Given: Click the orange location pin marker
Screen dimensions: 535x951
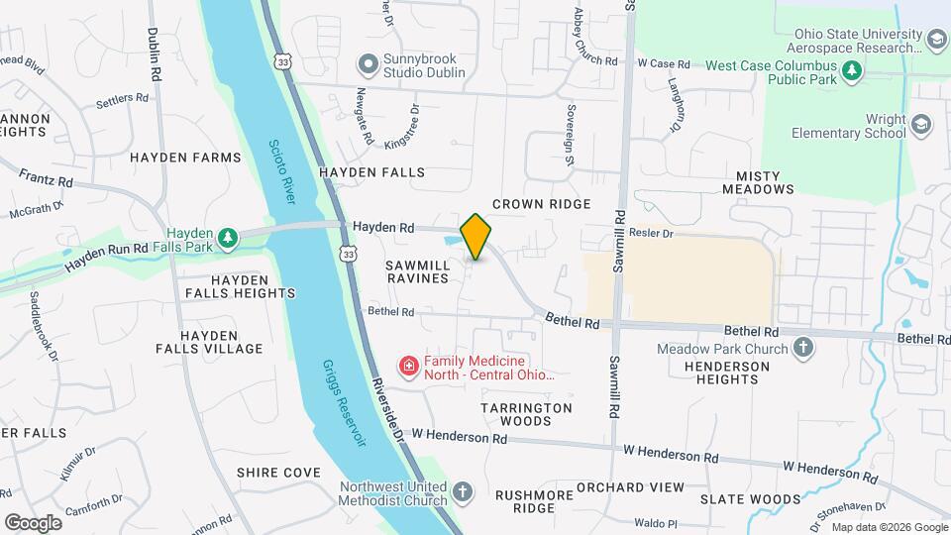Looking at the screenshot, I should (x=476, y=236).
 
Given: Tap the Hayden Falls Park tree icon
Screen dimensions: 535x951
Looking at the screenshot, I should (x=229, y=237).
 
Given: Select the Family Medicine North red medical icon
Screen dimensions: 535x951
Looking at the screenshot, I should (x=407, y=368).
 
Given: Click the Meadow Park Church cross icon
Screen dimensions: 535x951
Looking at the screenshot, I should (x=803, y=348).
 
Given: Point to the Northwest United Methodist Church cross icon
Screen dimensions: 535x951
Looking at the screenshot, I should (x=463, y=492).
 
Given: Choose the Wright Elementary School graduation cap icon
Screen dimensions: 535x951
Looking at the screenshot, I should (x=922, y=125).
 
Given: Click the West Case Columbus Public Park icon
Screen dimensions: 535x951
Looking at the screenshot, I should (x=851, y=70).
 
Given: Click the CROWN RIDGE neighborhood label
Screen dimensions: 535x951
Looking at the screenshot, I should (x=542, y=204).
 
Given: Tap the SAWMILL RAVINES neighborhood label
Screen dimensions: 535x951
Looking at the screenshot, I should (x=417, y=272).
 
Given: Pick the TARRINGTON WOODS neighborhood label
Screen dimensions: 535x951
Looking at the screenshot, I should (x=526, y=414).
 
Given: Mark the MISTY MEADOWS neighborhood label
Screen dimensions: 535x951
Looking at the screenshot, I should (x=758, y=181).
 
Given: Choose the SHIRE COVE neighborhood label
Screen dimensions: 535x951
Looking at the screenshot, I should (x=278, y=473).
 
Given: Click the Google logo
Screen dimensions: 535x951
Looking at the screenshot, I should (x=33, y=522).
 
